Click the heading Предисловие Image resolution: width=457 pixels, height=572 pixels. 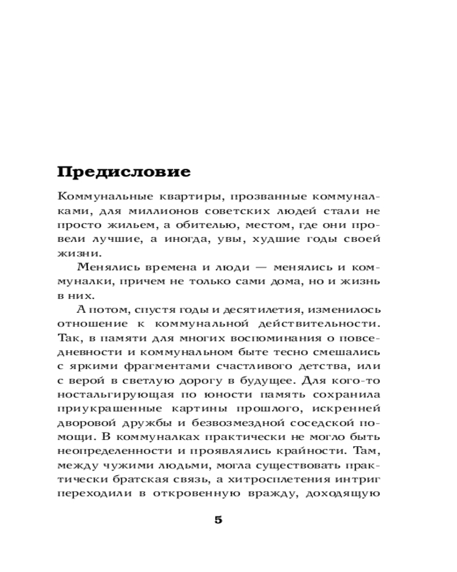coord(125,172)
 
